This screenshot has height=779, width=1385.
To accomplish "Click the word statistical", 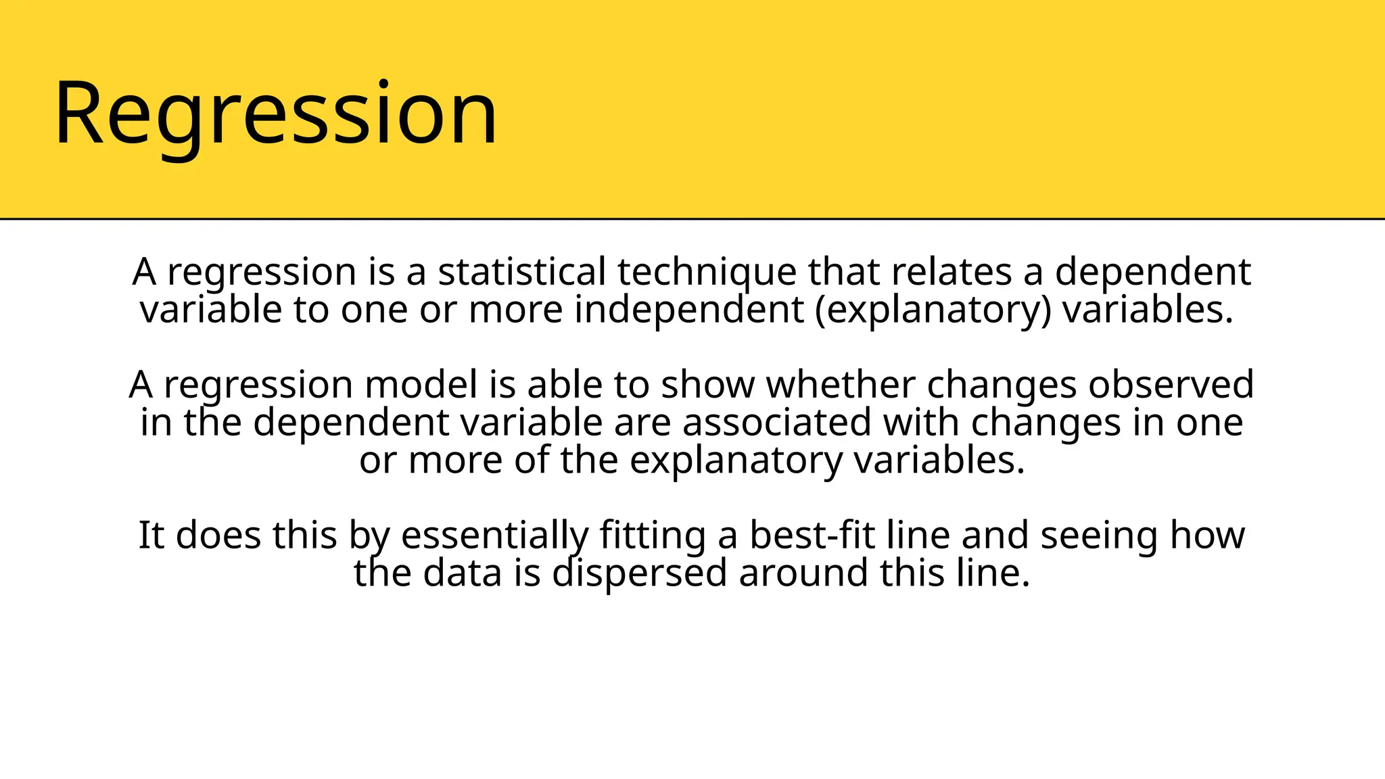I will click(x=521, y=272).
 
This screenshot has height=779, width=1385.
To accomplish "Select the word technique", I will click(x=707, y=272).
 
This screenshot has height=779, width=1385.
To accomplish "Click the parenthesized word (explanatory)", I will click(x=933, y=310).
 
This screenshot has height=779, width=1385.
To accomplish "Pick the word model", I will click(x=421, y=385).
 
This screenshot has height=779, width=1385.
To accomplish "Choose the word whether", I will click(x=840, y=385).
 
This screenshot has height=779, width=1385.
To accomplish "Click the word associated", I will click(x=776, y=423).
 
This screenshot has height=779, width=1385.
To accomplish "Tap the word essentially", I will click(x=494, y=536).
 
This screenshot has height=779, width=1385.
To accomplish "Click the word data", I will click(x=463, y=573).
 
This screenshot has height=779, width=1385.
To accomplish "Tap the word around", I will click(x=803, y=573).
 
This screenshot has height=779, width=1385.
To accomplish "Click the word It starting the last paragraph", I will click(x=151, y=536).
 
